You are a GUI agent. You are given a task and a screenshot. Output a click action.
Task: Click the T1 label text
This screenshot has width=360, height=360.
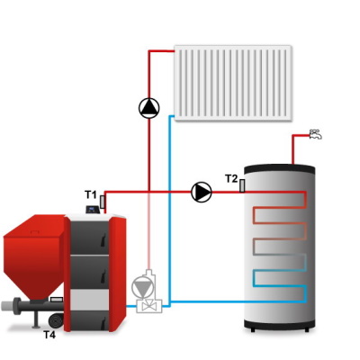91,195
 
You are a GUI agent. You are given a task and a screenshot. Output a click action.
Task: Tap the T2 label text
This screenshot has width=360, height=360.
231,179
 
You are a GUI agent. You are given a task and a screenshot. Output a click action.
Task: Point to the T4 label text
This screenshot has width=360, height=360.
49,335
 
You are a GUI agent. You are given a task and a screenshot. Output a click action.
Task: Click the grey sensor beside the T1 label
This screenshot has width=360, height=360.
102,202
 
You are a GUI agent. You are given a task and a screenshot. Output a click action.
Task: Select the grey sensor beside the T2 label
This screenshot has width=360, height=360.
242,185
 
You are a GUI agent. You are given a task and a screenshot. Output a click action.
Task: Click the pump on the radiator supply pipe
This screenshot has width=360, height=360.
148,108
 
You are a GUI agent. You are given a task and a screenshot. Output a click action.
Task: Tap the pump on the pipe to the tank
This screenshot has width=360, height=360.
202,192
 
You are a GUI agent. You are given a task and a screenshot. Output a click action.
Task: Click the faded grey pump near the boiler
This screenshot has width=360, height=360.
143,287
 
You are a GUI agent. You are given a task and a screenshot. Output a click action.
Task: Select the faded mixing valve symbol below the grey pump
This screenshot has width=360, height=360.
149,306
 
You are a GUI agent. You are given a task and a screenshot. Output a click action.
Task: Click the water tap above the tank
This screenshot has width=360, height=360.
315,134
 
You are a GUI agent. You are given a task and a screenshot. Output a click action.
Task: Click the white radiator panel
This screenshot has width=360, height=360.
233,83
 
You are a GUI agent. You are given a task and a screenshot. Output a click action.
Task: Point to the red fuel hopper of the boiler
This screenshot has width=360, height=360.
33,256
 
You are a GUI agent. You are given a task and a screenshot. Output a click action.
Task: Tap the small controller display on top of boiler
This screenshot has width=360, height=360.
93,209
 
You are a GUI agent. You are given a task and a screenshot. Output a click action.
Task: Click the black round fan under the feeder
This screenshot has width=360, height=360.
56,321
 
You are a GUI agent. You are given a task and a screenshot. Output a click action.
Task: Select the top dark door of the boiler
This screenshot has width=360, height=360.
89,238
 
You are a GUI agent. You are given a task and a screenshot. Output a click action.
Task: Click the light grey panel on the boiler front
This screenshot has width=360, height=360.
89,300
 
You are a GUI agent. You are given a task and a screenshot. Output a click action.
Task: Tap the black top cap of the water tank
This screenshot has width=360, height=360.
279,169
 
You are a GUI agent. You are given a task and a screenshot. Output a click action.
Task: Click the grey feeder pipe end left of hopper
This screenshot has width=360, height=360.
6,306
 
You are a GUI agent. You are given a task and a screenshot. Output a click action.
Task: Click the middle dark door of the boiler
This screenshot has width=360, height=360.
89,272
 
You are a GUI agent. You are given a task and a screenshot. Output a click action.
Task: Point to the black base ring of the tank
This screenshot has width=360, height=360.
279,324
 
